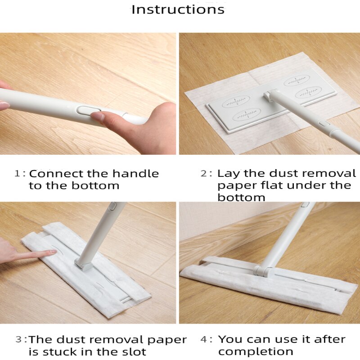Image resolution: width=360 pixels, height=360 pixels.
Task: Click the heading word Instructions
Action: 178,9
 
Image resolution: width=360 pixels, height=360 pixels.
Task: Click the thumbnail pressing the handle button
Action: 98,117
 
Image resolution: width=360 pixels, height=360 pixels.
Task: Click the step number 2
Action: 204,174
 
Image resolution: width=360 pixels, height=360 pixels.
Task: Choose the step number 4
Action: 204,340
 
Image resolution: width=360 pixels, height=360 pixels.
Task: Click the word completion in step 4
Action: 256,351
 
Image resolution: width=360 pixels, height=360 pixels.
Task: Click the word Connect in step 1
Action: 56,174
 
